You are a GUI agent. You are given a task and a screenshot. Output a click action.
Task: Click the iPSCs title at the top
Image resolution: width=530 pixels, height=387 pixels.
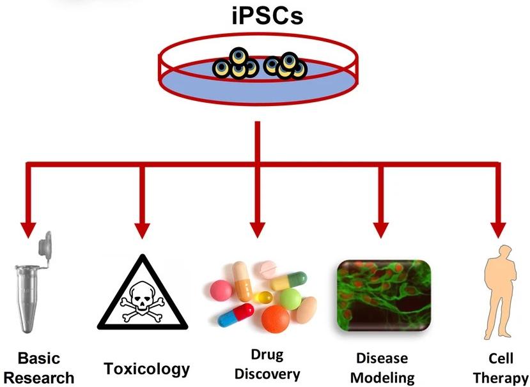[x=267, y=15]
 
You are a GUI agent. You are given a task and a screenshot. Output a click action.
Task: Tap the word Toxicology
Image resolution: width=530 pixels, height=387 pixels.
[x=147, y=368]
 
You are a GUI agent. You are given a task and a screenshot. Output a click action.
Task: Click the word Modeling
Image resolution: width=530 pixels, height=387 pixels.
[x=383, y=377]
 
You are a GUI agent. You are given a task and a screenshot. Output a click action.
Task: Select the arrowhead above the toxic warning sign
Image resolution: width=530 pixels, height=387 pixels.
[x=142, y=229]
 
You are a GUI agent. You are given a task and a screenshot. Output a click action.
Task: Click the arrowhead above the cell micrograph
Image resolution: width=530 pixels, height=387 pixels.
[x=382, y=229]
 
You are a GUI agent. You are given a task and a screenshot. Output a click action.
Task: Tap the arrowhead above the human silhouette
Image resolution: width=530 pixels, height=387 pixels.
[x=497, y=229]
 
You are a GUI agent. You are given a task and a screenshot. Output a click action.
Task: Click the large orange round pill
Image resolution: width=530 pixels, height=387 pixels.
[x=276, y=319]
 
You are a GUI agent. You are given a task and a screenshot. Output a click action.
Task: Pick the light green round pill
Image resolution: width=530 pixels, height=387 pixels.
[x=291, y=297]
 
